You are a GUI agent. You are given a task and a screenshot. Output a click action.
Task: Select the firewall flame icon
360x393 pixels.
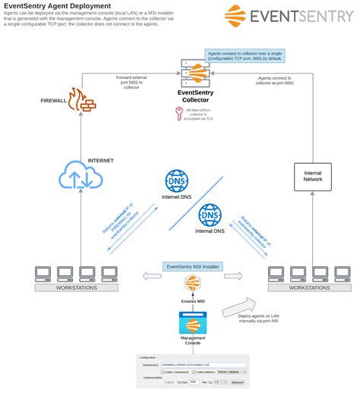click(x=78, y=99)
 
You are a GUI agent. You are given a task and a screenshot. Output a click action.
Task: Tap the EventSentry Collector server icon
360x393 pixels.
click(x=194, y=74)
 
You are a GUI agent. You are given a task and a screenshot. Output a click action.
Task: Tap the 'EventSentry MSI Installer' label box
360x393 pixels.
click(x=192, y=266)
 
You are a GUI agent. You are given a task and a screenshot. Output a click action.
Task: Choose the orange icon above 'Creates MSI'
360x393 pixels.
click(x=192, y=285)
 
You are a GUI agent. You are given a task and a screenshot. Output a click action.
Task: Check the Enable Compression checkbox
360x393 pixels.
click(x=163, y=373)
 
